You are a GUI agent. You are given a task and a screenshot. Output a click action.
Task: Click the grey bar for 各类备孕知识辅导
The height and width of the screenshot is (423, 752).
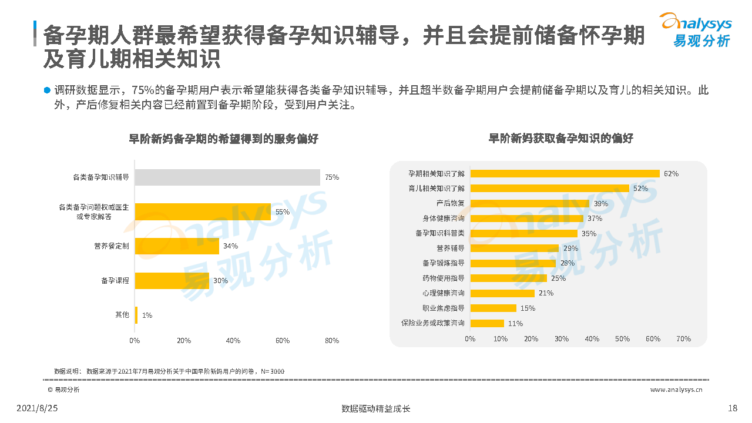coord(227,177)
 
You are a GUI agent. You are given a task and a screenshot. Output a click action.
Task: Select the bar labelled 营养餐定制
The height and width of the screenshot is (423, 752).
coord(177,246)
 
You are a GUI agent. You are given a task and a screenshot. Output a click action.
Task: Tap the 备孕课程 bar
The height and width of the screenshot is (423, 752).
coord(172,281)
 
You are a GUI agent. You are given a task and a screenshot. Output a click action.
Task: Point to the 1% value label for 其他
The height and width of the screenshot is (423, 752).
coord(147,315)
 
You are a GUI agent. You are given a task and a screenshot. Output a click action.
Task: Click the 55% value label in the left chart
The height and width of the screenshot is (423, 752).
coord(283,212)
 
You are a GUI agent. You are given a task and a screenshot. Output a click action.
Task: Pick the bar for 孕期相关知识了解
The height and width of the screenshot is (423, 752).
coord(565,173)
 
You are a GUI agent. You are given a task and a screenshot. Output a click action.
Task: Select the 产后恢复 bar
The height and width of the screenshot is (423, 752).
coord(530,203)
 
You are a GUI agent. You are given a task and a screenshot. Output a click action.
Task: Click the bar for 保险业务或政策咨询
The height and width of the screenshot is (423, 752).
coord(487,323)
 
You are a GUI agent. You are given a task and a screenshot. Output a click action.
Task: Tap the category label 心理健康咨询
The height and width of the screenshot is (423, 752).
coord(443,293)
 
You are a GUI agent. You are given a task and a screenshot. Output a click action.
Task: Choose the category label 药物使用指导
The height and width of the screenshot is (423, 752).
coord(443,278)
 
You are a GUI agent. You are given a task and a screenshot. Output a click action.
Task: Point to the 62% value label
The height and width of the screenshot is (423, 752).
coord(671,174)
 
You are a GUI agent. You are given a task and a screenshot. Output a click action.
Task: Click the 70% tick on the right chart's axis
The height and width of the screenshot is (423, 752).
coord(683,339)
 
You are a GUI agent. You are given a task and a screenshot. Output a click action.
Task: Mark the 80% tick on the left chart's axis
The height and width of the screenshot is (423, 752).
coord(332,341)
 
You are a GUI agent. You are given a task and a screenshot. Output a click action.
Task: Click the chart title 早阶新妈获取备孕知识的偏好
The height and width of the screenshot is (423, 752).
coord(561,139)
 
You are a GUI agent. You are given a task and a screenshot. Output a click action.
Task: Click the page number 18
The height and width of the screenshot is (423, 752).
coord(732,408)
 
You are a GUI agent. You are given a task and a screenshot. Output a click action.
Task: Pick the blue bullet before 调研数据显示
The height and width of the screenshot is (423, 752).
coord(47,90)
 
